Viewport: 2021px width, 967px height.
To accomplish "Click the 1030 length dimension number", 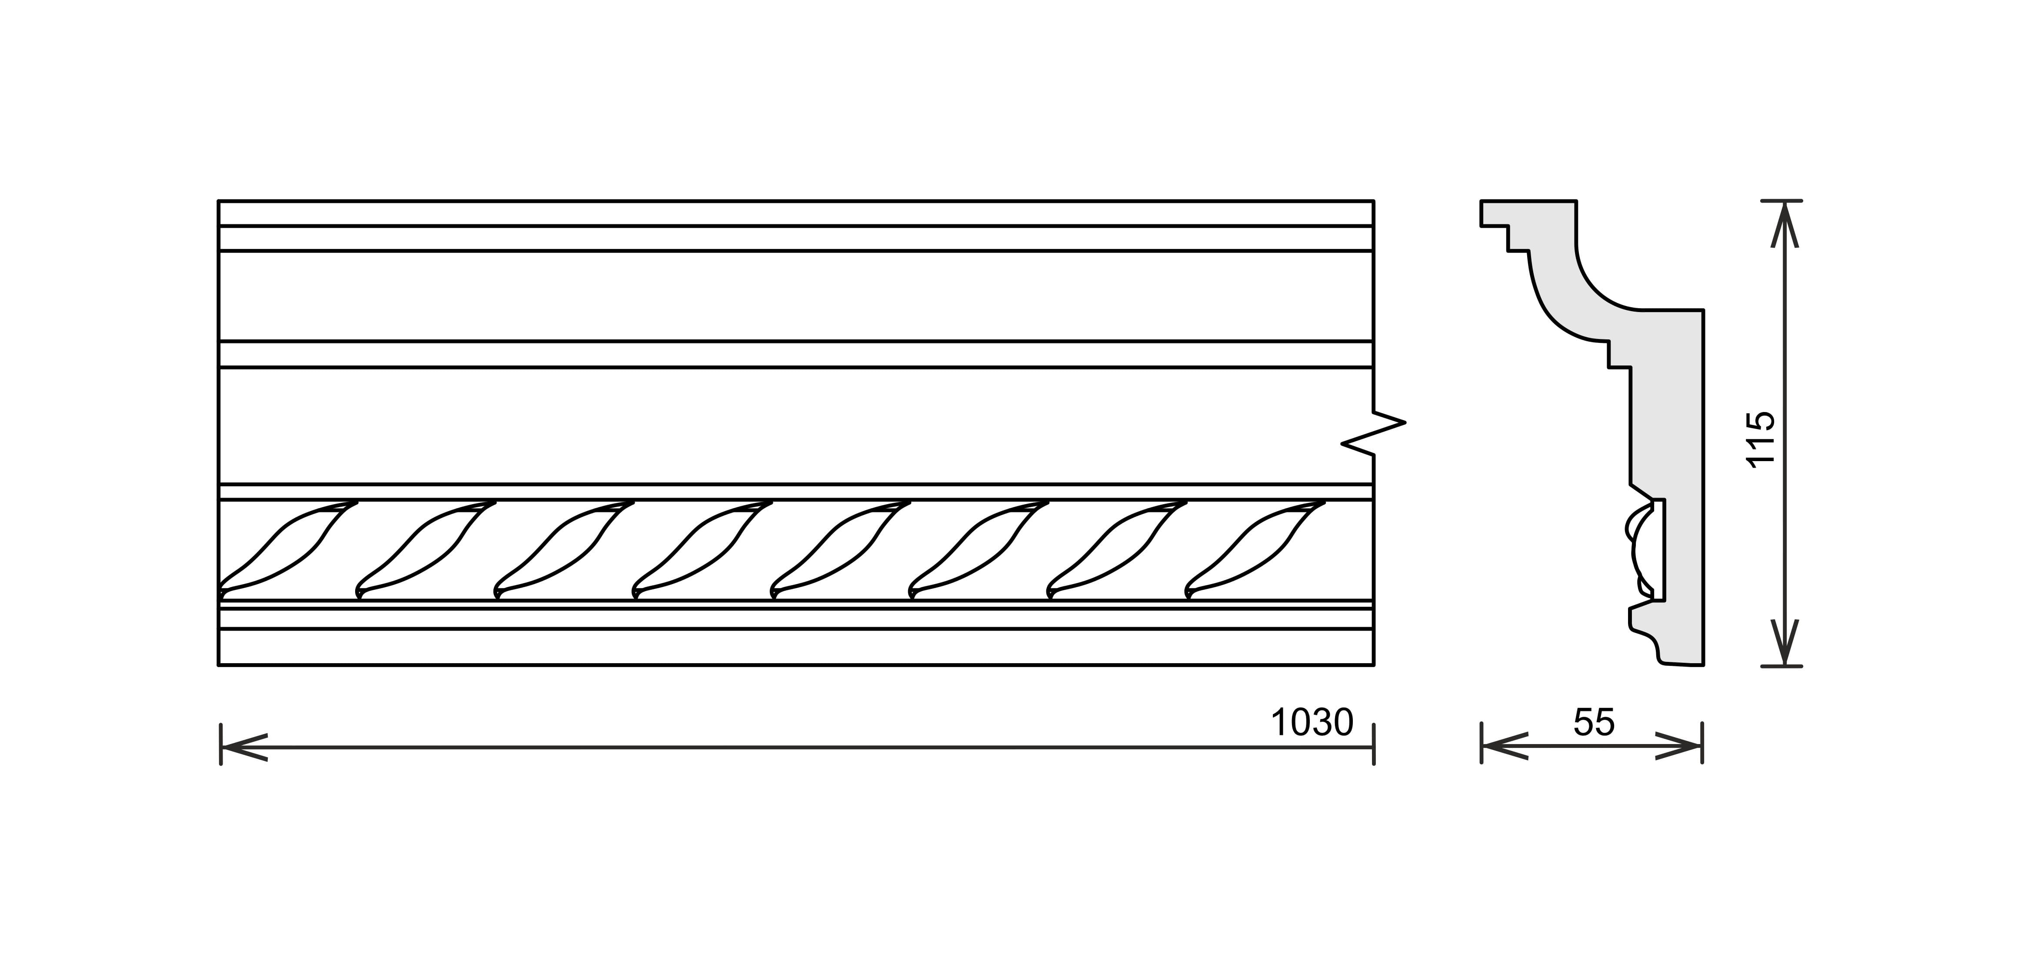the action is click(1312, 722).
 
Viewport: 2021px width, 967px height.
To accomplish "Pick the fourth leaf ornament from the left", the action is click(702, 549).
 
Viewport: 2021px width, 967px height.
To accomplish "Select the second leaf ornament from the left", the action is click(426, 549).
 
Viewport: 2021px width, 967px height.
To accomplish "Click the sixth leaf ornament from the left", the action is click(979, 549).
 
